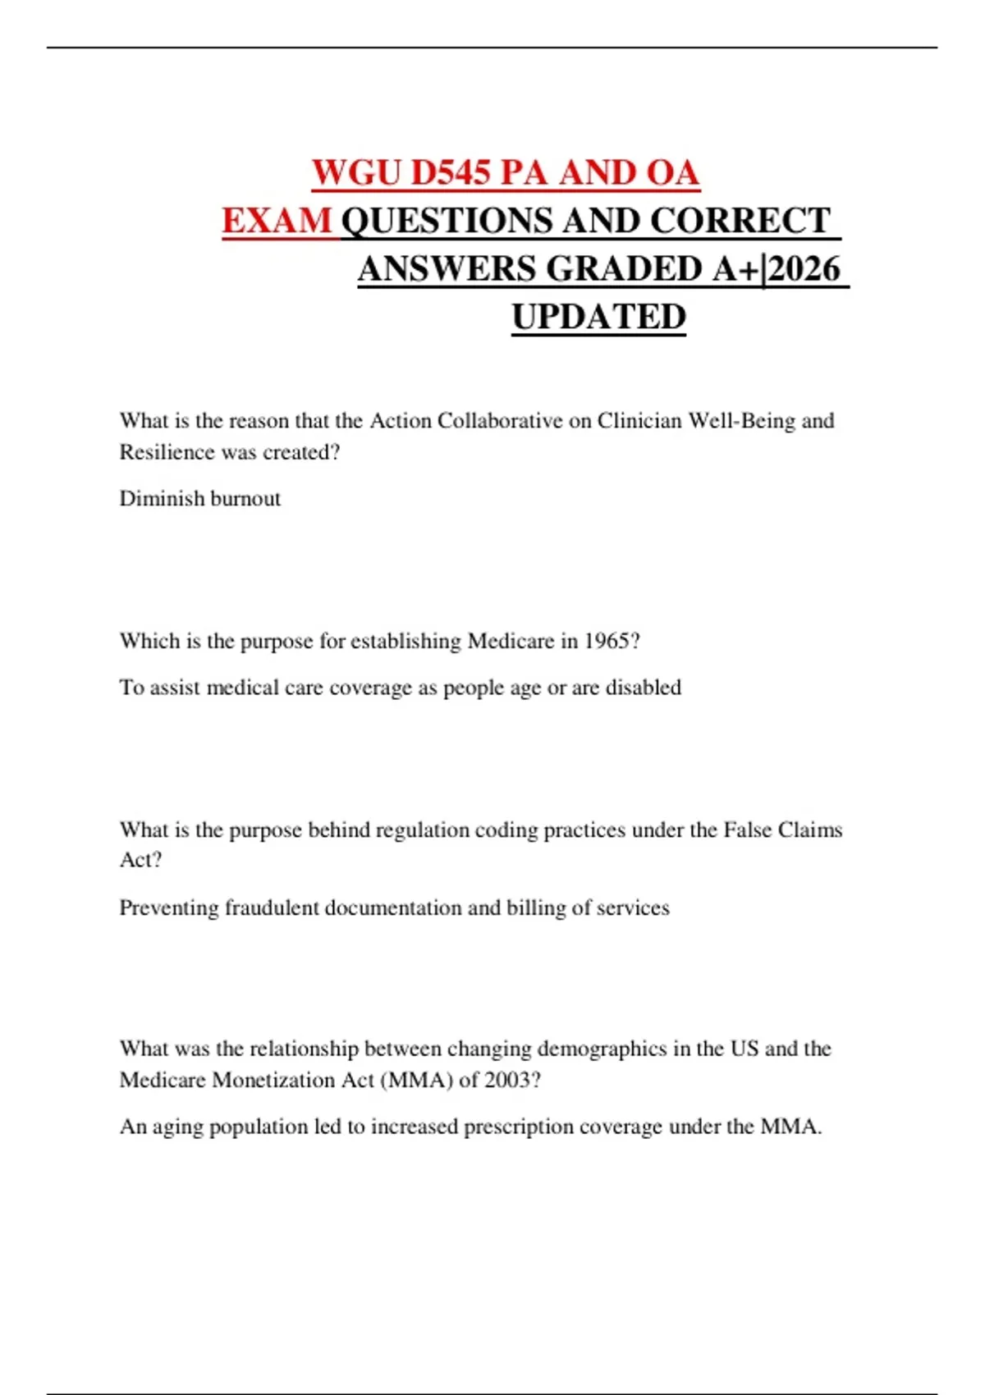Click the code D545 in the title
tap(450, 173)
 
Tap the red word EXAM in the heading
tap(277, 221)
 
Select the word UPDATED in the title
tap(598, 317)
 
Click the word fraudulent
tap(272, 908)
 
